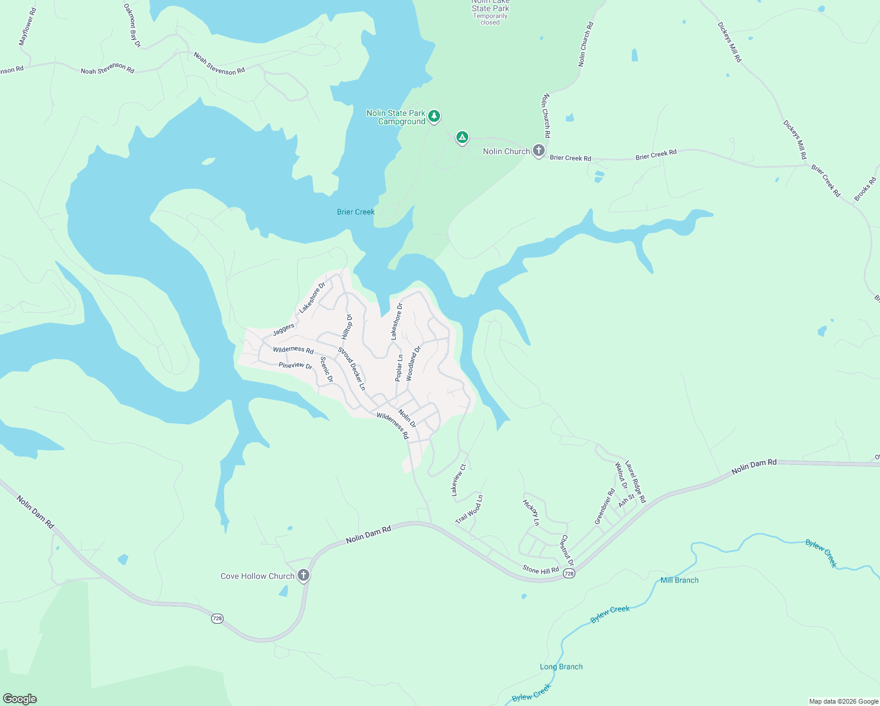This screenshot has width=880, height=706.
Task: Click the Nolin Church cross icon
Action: tap(538, 151)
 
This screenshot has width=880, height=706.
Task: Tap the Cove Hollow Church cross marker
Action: tap(304, 575)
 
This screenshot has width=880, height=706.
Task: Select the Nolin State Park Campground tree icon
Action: tap(434, 116)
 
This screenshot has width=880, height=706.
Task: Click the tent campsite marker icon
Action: tap(462, 138)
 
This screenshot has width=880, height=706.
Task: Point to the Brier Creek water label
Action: tap(355, 212)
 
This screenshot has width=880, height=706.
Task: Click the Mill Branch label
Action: tap(679, 580)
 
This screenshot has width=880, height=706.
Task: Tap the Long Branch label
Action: tap(561, 667)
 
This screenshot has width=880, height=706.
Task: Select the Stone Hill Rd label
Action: tap(541, 570)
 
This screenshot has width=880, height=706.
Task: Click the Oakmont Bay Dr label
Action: tap(133, 25)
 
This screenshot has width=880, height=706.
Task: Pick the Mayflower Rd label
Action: tap(28, 27)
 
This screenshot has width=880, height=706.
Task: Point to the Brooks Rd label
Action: tap(865, 189)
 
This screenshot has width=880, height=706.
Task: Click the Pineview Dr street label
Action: tap(295, 365)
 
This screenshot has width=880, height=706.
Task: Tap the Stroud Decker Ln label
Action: tap(352, 369)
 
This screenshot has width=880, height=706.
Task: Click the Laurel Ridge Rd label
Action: tap(635, 482)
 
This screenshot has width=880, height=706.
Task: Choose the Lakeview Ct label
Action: tap(458, 480)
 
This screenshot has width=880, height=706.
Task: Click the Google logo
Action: tap(19, 699)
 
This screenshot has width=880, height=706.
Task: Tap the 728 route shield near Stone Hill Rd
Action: tap(568, 573)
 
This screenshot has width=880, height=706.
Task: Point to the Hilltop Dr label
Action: tap(347, 326)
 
